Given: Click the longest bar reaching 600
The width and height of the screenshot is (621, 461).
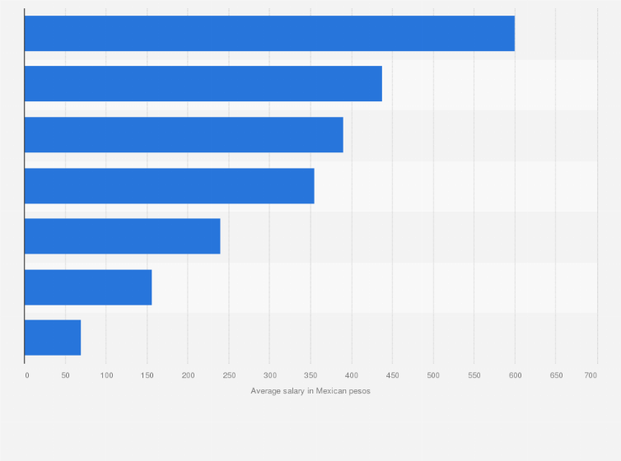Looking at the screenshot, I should tap(269, 34).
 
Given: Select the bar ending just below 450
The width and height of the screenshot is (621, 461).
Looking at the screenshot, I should tap(203, 84).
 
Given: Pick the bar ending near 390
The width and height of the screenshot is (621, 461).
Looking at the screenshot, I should tap(184, 135).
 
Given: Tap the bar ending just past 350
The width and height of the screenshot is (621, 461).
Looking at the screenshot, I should tap(169, 186).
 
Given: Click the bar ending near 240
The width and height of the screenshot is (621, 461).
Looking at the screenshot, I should tap(122, 236).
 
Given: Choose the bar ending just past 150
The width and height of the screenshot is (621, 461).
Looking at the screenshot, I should tap(88, 287).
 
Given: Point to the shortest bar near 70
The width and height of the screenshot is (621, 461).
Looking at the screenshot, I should tap(53, 338).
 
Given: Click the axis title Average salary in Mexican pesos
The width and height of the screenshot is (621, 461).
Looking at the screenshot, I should tap(310, 391).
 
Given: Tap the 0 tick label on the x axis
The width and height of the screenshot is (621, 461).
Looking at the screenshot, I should tap(26, 375).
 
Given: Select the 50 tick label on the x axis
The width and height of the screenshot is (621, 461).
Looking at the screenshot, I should tap(66, 375).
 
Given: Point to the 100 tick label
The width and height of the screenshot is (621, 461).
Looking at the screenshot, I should tap(107, 375).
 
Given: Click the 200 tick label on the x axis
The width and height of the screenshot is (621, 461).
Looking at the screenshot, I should tap(189, 375).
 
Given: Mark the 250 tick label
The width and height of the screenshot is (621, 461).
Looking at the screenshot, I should tap(229, 375).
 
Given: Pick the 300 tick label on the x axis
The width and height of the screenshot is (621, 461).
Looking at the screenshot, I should tap(270, 375).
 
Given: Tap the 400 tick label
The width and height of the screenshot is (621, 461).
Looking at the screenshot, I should tap(352, 375).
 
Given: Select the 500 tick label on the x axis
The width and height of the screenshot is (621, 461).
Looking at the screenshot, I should tap(433, 375).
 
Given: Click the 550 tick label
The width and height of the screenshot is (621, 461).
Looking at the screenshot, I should tap(474, 375).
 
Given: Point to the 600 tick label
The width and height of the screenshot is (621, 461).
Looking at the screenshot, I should tap(515, 375).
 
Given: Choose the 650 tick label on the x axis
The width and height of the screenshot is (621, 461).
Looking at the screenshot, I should tap(556, 375).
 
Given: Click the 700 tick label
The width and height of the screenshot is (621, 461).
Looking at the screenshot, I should tap(591, 375).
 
